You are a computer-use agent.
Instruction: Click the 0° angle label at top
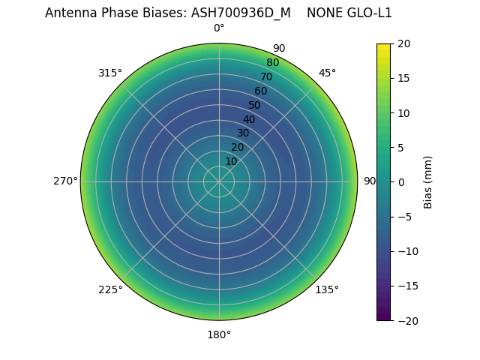pyautogui.click(x=219, y=28)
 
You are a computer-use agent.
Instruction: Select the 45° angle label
pyautogui.click(x=327, y=73)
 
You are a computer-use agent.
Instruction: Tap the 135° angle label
pyautogui.click(x=327, y=289)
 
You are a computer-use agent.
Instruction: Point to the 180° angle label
pyautogui.click(x=219, y=334)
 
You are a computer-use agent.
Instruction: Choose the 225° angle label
pyautogui.click(x=110, y=289)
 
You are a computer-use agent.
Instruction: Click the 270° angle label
pyautogui.click(x=65, y=181)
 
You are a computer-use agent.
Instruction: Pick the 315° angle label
pyautogui.click(x=110, y=73)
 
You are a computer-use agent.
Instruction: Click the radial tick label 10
pyautogui.click(x=231, y=161)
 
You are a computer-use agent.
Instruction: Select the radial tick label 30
pyautogui.click(x=243, y=133)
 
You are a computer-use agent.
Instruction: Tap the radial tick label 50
pyautogui.click(x=255, y=105)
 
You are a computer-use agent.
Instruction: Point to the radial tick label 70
pyautogui.click(x=266, y=77)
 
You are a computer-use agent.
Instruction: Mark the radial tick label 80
pyautogui.click(x=272, y=63)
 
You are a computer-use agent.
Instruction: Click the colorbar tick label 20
pyautogui.click(x=403, y=43)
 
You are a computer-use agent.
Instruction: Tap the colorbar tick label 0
pyautogui.click(x=400, y=182)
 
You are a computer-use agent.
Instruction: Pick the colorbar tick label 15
pyautogui.click(x=403, y=78)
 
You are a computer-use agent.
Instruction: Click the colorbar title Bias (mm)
pyautogui.click(x=428, y=182)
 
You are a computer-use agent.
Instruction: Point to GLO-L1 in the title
pyautogui.click(x=370, y=13)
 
